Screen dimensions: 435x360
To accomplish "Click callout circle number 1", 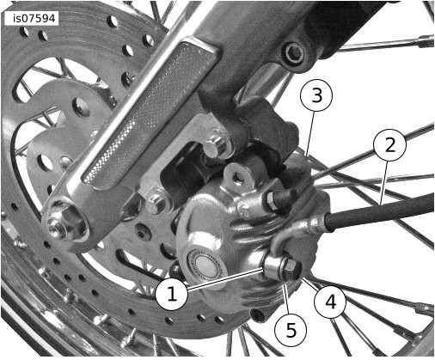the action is click(x=172, y=294).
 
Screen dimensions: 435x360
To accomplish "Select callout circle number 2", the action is click(x=390, y=145).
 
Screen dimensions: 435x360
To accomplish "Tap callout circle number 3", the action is click(x=316, y=95).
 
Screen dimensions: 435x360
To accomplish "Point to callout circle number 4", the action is click(x=330, y=302).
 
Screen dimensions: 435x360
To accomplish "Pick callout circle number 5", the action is click(x=291, y=331).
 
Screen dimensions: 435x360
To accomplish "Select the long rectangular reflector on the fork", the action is click(x=149, y=113).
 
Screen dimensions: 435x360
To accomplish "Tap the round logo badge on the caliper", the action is click(x=205, y=265).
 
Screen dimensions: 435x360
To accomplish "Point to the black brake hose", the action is click(x=379, y=210).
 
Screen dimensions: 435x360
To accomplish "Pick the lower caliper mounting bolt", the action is click(x=156, y=201).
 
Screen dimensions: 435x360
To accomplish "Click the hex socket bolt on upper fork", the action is click(x=294, y=53).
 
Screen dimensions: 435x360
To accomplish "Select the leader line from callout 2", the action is click(x=384, y=182).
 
